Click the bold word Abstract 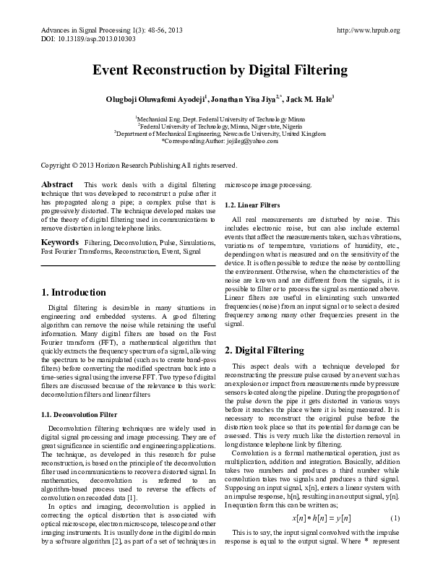pyautogui.click(x=57, y=185)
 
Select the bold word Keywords pyautogui.click(x=59, y=241)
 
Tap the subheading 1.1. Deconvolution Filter pyautogui.click(x=77, y=414)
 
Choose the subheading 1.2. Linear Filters pyautogui.click(x=249, y=205)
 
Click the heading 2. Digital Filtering pyautogui.click(x=259, y=350)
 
